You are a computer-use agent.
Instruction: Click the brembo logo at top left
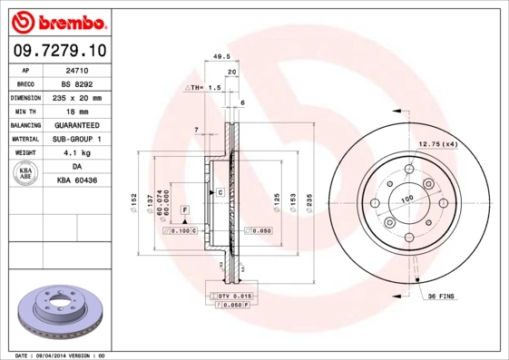pyautogui.click(x=57, y=19)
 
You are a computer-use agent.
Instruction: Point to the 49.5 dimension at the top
pyautogui.click(x=219, y=55)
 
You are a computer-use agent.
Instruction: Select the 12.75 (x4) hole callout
pyautogui.click(x=436, y=144)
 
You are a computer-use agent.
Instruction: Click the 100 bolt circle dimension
pyautogui.click(x=407, y=198)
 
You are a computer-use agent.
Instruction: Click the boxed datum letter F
pyautogui.click(x=185, y=209)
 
